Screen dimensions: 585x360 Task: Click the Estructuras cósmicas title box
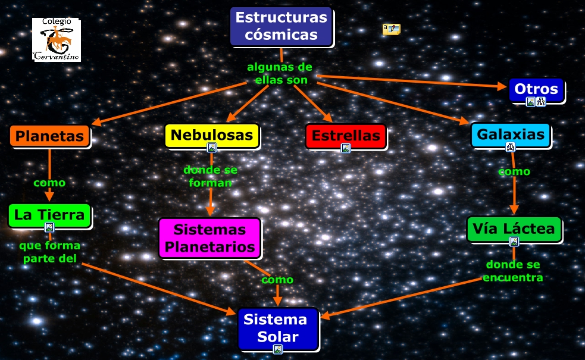point(281,26)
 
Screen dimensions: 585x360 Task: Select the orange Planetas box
point(49,136)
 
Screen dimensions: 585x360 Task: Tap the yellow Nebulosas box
point(211,135)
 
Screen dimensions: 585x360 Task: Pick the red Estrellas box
point(346,136)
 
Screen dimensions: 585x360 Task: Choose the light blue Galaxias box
point(511,134)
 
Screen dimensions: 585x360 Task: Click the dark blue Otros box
point(536,90)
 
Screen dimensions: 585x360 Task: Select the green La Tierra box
point(49,215)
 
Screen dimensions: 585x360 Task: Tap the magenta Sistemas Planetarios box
point(209,237)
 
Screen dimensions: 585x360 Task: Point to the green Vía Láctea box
point(514,228)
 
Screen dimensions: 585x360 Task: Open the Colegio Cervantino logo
point(57,40)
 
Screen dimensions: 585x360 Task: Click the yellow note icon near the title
point(391,29)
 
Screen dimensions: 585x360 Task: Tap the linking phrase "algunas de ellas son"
point(280,73)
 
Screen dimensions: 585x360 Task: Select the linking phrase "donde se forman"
point(210,176)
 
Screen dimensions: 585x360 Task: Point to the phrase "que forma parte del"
point(49,251)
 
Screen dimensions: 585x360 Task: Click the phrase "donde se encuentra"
point(513,271)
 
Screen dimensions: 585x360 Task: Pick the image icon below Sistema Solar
point(277,349)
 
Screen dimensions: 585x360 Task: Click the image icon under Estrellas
point(345,148)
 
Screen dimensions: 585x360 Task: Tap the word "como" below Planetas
point(49,183)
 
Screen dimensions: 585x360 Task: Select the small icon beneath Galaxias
point(510,147)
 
